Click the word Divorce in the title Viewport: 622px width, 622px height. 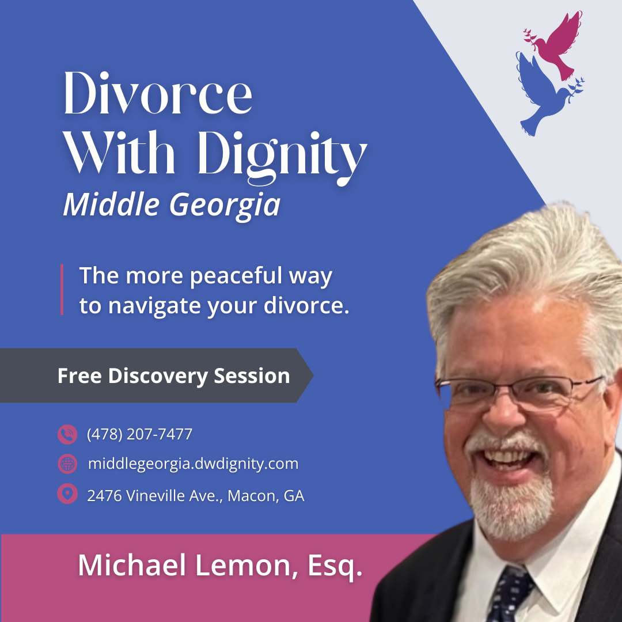[x=158, y=93]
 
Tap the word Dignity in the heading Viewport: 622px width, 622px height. [x=282, y=157]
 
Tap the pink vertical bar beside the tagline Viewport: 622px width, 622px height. [x=62, y=289]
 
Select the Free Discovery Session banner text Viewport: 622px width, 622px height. [x=174, y=376]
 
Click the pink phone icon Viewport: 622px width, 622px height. [x=67, y=434]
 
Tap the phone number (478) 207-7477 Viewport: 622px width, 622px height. [x=139, y=434]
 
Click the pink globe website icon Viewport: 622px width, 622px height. [x=67, y=464]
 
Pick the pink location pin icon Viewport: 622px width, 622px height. [x=67, y=494]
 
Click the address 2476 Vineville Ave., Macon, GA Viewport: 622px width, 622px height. [x=196, y=496]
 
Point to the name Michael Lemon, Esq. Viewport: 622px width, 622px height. [x=220, y=566]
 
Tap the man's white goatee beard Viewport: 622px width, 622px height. [x=512, y=508]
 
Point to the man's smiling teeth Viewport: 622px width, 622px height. [x=509, y=456]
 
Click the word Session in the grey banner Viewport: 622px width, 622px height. [x=252, y=376]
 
